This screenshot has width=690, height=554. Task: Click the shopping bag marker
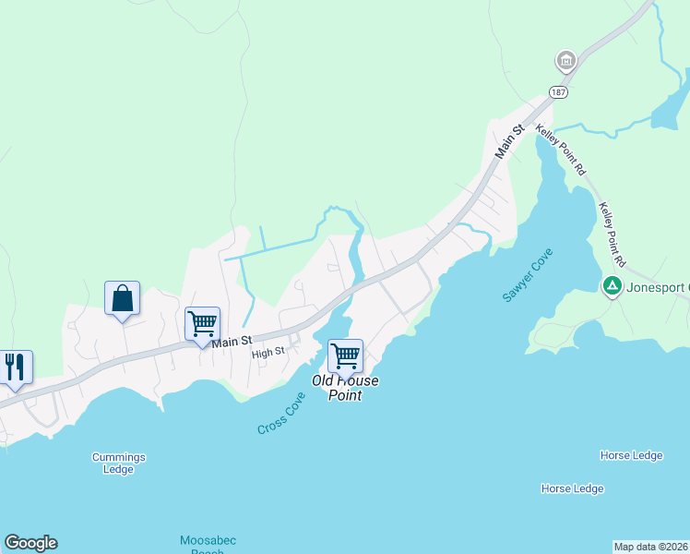[x=122, y=299]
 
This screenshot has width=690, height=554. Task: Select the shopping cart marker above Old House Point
[x=345, y=355]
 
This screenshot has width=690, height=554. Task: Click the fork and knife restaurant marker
[x=15, y=367]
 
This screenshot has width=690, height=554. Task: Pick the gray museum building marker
[x=565, y=62]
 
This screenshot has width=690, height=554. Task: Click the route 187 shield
[x=557, y=92]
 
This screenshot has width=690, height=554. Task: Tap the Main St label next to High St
[x=232, y=342]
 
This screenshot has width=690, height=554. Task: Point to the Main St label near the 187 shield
[x=508, y=141]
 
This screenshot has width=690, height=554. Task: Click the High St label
[x=268, y=352]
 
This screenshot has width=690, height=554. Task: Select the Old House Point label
[x=345, y=388]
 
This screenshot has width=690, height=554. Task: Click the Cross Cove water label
[x=281, y=413]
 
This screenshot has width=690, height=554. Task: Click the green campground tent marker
[x=611, y=286]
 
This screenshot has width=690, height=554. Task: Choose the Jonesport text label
[x=658, y=286]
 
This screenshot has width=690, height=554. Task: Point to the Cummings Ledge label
[x=118, y=463]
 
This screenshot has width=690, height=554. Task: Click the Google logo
[x=30, y=543]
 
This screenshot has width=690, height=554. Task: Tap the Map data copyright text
[x=650, y=546]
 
